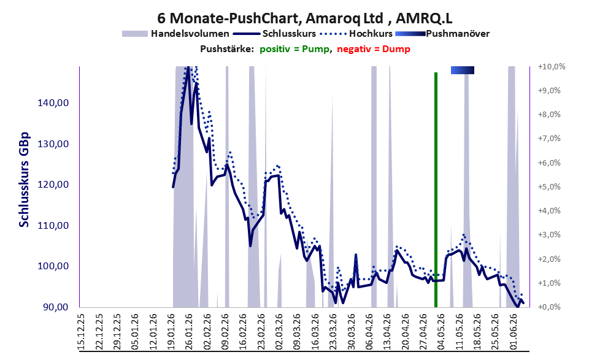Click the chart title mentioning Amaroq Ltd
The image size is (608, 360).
(304, 18)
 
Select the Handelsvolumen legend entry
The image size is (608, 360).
(175, 34)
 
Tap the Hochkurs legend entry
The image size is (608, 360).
(356, 34)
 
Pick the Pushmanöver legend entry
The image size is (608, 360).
(442, 34)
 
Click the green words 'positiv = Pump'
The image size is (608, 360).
(294, 49)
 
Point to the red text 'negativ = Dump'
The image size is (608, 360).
(374, 49)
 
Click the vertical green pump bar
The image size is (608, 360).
(436, 190)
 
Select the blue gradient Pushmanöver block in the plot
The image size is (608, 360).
(462, 70)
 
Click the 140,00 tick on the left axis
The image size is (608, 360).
(53, 103)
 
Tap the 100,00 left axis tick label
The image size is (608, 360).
(53, 266)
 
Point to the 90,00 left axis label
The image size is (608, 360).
(55, 307)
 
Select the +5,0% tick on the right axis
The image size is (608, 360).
(549, 187)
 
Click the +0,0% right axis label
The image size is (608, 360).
(549, 307)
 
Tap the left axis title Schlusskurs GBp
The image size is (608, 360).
(24, 180)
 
